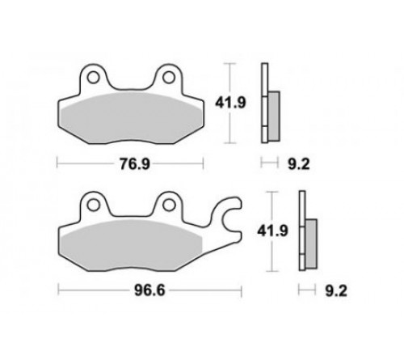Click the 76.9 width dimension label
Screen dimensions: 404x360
[x=135, y=163]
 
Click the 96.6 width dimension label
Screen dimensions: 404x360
[x=149, y=290]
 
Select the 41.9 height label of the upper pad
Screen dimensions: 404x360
[x=230, y=103]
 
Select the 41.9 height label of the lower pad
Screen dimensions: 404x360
[x=272, y=231]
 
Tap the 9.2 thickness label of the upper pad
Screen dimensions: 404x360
[x=299, y=164]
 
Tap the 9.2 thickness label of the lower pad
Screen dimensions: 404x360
[x=336, y=291]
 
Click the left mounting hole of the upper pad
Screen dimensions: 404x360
[x=93, y=78]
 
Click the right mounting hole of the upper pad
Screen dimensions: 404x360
[x=169, y=78]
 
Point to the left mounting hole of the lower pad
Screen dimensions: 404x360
[x=93, y=205]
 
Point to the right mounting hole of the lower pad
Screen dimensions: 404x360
[x=169, y=205]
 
